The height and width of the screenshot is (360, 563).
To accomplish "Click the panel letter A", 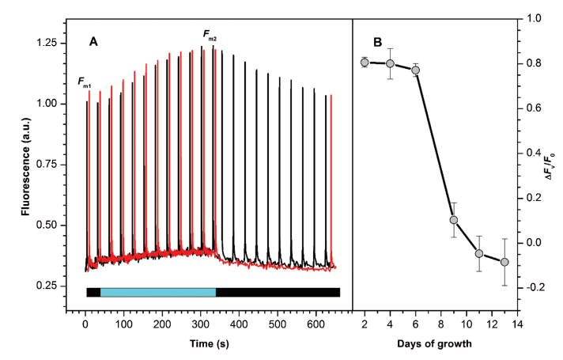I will (x=93, y=43).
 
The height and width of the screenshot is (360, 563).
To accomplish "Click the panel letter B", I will (x=377, y=43).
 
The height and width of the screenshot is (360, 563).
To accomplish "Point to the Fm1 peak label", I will (x=85, y=81).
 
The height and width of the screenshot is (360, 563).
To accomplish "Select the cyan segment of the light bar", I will (x=158, y=292).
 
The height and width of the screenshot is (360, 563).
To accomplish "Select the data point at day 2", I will (x=365, y=63).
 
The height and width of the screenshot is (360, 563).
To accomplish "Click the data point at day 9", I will (x=454, y=220).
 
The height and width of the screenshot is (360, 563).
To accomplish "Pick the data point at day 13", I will (x=504, y=262).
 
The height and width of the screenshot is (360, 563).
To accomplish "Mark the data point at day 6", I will (x=415, y=70).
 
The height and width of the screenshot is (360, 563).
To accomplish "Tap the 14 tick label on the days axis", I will (x=517, y=324).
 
